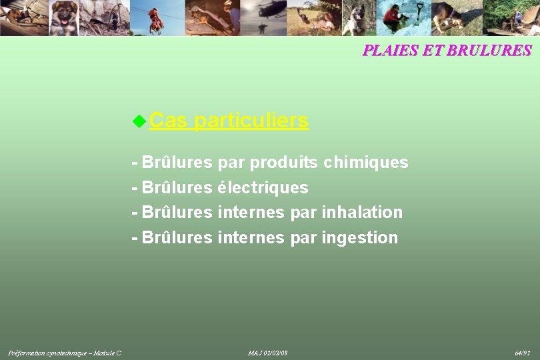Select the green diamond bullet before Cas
pyautogui.click(x=139, y=121)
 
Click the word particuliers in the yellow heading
pyautogui.click(x=252, y=121)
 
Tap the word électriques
pyautogui.click(x=263, y=188)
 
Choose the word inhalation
pyautogui.click(x=362, y=213)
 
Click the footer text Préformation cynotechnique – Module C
pyautogui.click(x=65, y=352)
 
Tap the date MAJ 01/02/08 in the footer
pyautogui.click(x=267, y=352)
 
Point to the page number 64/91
pyautogui.click(x=522, y=352)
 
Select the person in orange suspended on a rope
pyautogui.click(x=157, y=20)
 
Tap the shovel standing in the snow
pyautogui.click(x=419, y=13)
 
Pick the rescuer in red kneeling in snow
pyautogui.click(x=392, y=17)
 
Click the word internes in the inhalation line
pyautogui.click(x=251, y=213)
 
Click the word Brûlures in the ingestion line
pyautogui.click(x=177, y=238)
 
